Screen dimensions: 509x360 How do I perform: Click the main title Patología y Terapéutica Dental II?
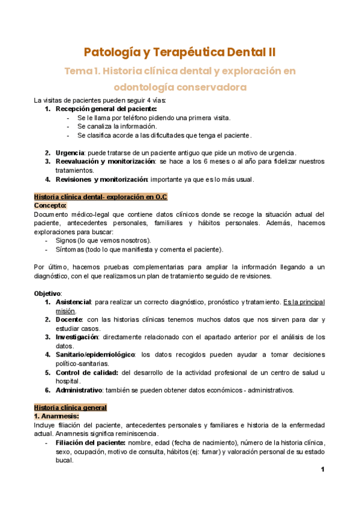(180, 51)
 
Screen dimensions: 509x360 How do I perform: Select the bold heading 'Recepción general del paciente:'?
(106, 109)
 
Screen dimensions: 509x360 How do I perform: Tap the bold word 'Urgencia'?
(70, 153)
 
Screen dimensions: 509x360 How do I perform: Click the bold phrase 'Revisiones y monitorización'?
(101, 179)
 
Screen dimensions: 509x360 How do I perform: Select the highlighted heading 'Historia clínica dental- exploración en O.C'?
(101, 196)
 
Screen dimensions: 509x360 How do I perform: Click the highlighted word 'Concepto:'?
(50, 205)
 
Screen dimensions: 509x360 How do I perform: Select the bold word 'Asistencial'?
(73, 301)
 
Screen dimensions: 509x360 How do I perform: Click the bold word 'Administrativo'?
(79, 390)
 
